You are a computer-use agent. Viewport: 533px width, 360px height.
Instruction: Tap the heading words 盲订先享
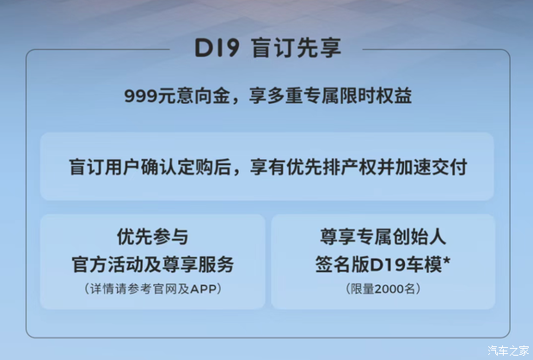(x=296, y=47)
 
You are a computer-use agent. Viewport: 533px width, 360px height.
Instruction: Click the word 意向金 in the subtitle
(x=205, y=95)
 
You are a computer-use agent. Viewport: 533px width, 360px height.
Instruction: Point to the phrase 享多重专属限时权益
(x=330, y=95)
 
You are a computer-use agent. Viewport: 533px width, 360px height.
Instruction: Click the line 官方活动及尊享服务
(x=152, y=263)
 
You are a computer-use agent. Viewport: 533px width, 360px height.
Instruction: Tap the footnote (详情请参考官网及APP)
(x=152, y=289)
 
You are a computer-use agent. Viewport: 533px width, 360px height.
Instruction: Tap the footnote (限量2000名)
(x=382, y=289)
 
